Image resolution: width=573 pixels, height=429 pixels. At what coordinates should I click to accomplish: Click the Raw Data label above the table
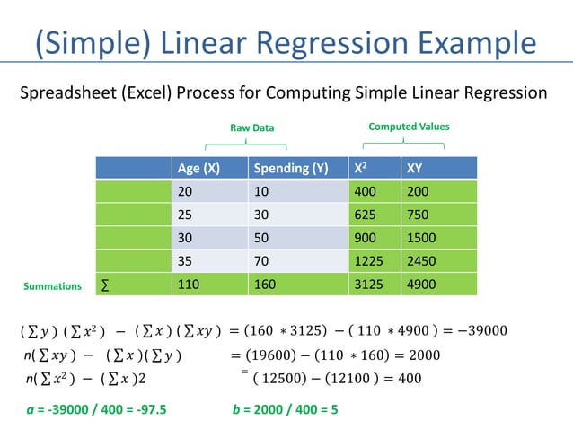coord(251,128)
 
